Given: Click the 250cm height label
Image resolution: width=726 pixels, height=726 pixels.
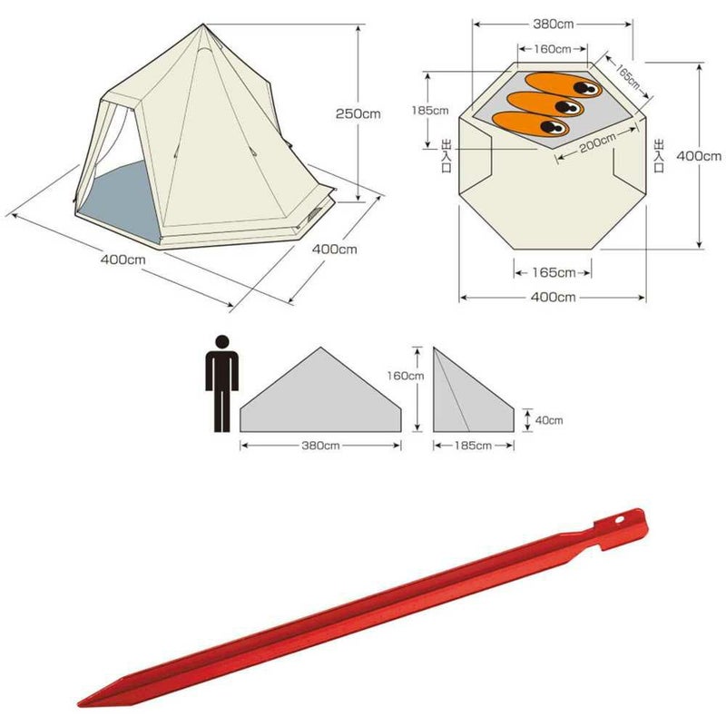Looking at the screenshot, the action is [x=358, y=113].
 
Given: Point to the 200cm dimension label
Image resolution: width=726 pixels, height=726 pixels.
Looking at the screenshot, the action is [x=598, y=142].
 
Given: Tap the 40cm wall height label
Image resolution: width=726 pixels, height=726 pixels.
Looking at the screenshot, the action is [x=549, y=420].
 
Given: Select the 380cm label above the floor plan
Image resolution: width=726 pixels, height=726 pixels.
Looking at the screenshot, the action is [x=554, y=25].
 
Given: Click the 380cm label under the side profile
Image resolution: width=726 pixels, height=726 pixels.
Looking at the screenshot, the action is [x=320, y=446].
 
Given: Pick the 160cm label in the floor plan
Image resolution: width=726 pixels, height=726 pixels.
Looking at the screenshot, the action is [x=553, y=49].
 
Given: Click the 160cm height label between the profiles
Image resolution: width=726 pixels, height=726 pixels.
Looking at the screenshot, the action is [x=405, y=376].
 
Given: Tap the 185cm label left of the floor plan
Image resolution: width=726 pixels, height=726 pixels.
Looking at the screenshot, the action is [x=430, y=110].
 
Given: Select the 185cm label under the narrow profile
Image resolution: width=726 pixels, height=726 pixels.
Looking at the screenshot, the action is [x=473, y=446].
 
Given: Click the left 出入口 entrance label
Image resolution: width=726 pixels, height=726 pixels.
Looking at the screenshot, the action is [x=446, y=156].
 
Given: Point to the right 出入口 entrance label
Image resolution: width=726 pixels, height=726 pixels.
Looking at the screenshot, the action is [x=659, y=155].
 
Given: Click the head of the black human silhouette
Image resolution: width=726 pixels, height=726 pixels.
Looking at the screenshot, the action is [x=222, y=342].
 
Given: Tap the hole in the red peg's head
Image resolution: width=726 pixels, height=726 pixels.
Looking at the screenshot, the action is [x=620, y=519].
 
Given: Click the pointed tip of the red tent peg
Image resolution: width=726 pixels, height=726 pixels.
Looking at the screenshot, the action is [x=79, y=705].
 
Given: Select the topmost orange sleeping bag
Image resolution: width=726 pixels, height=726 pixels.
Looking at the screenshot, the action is [x=563, y=84].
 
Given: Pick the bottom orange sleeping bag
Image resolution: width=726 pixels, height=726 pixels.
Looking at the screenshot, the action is [x=530, y=123].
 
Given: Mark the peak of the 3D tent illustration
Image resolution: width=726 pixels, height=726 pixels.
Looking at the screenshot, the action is [x=203, y=25].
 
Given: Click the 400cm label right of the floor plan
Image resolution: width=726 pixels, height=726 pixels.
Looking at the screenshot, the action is [x=699, y=156].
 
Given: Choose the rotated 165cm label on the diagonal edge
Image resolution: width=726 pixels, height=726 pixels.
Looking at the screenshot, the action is [x=627, y=75].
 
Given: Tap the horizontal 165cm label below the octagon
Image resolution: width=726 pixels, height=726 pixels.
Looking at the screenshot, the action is [x=554, y=272].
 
